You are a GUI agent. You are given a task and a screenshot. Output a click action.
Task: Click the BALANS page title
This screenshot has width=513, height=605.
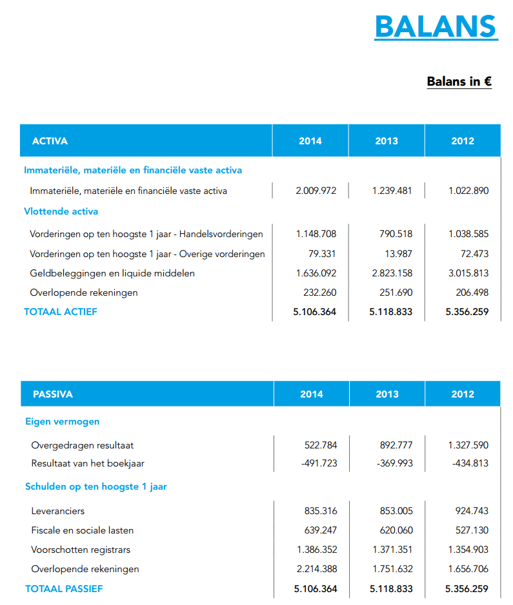(436, 26)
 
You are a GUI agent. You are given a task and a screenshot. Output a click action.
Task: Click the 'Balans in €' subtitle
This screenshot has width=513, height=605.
(459, 81)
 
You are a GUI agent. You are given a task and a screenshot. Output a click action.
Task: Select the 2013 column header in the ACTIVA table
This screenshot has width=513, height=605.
(387, 140)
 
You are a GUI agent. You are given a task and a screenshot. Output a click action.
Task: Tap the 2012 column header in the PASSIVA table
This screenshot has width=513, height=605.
(462, 394)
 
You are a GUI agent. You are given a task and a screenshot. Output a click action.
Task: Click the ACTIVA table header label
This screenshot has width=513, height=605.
(50, 140)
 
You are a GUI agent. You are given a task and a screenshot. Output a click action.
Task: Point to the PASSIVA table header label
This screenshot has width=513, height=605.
(53, 394)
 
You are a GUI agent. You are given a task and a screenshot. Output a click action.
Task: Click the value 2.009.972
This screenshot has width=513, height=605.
(316, 191)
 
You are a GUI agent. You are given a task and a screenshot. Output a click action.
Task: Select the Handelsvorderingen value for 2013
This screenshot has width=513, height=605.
(396, 233)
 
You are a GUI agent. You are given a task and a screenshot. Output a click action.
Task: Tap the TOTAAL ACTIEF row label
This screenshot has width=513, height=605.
(61, 312)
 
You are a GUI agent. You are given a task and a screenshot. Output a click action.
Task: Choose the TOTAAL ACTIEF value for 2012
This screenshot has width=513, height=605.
(467, 312)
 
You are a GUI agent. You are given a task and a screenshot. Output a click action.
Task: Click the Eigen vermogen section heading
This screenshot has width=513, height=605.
(63, 421)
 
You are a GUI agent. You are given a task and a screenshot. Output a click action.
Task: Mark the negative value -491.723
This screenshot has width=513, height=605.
(319, 463)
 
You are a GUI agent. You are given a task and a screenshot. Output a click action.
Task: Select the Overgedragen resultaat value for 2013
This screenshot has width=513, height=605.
(396, 445)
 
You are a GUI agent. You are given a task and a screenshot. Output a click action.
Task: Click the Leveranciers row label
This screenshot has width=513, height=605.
(57, 511)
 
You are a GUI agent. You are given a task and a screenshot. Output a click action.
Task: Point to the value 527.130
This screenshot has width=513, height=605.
(472, 530)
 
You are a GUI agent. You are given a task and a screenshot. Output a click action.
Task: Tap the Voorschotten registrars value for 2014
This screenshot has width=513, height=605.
(317, 550)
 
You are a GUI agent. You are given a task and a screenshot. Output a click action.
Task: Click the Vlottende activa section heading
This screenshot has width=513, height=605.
(61, 211)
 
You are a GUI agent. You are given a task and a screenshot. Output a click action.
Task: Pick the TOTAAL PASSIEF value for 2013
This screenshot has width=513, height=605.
(391, 589)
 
